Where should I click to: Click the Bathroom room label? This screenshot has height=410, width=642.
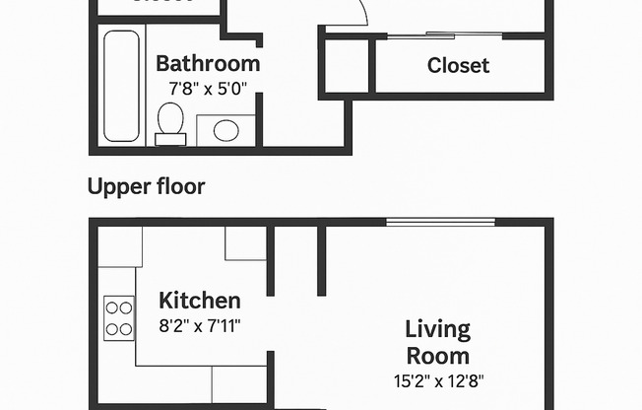point(208,64)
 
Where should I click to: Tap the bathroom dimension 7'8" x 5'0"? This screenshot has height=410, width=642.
point(208,87)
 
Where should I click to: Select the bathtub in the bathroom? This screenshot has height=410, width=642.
point(122,87)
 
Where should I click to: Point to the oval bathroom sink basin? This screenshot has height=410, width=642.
point(225,130)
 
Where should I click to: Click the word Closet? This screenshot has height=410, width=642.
point(458,66)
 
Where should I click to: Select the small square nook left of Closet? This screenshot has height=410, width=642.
point(347,66)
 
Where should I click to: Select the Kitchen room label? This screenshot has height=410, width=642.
point(200,301)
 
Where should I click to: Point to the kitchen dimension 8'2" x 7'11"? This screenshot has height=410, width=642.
point(200,323)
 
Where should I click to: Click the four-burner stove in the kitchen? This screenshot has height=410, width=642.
point(119,317)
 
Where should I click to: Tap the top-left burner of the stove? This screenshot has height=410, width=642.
point(111,307)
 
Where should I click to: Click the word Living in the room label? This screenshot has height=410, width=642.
point(438,329)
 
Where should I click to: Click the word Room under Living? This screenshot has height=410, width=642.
point(438,355)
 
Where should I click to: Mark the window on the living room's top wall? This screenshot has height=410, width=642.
point(426,222)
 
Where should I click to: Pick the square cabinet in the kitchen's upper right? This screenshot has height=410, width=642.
point(245,243)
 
